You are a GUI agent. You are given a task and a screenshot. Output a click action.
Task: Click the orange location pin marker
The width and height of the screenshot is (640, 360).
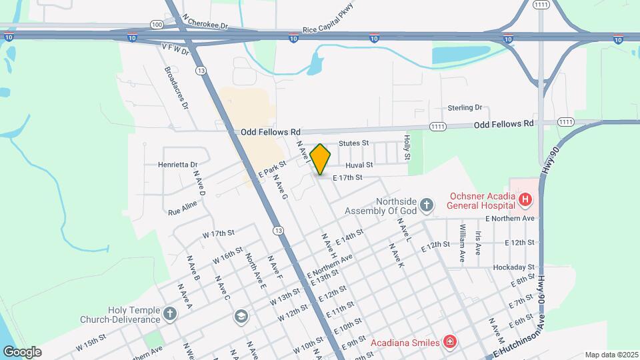[x=321, y=159]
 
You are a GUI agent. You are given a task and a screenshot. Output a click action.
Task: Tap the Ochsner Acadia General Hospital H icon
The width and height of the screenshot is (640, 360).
[x=526, y=199]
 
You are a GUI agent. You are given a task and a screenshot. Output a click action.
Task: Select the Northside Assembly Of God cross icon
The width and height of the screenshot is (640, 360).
[x=427, y=201]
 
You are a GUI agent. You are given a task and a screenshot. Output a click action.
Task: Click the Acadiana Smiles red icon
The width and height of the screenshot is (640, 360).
[x=451, y=342]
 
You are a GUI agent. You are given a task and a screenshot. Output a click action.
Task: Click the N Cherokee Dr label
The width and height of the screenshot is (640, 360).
[x=205, y=25]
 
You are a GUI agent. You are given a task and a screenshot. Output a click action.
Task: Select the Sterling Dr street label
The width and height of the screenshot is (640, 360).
[x=465, y=107]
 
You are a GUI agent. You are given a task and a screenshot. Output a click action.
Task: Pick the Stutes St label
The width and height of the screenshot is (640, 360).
[x=353, y=143]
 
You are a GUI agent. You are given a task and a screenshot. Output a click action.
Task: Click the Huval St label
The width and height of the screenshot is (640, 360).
[x=359, y=164]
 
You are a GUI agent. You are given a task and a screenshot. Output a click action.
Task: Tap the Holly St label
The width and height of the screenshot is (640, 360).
[x=406, y=147]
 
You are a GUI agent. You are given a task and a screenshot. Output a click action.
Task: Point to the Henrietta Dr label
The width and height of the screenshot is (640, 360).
[x=178, y=164]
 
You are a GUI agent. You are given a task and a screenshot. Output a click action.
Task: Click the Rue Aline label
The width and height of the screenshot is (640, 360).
[x=183, y=209]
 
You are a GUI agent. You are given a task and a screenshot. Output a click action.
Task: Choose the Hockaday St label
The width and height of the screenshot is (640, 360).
[x=514, y=267]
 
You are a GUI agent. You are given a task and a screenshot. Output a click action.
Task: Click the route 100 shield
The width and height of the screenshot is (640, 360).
[x=157, y=24]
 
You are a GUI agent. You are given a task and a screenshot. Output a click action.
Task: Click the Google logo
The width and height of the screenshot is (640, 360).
[x=22, y=351]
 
